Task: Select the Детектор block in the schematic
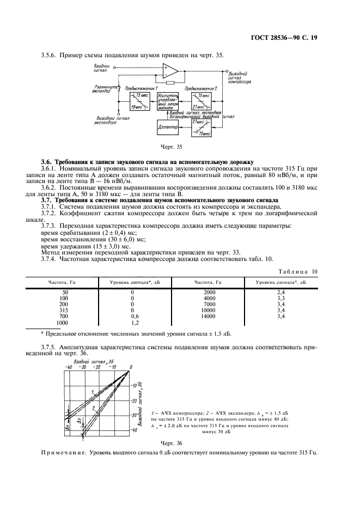click(167, 126)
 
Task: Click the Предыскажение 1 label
click(141, 88)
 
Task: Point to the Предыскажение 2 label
click(200, 88)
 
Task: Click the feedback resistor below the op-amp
click(170, 83)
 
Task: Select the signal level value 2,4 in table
click(281, 292)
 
